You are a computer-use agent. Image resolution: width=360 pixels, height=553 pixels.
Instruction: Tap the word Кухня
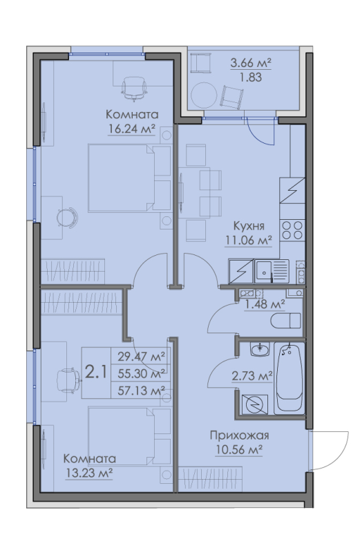[247, 226]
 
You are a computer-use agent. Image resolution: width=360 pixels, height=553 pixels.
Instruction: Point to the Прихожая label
[238, 436]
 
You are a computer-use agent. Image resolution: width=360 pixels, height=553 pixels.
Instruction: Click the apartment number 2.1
[95, 373]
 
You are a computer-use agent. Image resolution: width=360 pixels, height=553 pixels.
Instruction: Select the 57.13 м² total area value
[141, 391]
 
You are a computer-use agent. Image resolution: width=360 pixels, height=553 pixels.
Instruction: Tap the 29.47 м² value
[141, 357]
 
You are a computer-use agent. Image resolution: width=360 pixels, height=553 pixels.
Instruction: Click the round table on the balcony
[204, 94]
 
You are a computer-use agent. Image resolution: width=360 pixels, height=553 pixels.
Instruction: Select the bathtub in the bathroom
[290, 377]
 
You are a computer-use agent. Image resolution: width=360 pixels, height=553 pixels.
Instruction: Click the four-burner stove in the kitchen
[292, 229]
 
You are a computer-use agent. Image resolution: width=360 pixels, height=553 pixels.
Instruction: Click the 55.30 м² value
[141, 374]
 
